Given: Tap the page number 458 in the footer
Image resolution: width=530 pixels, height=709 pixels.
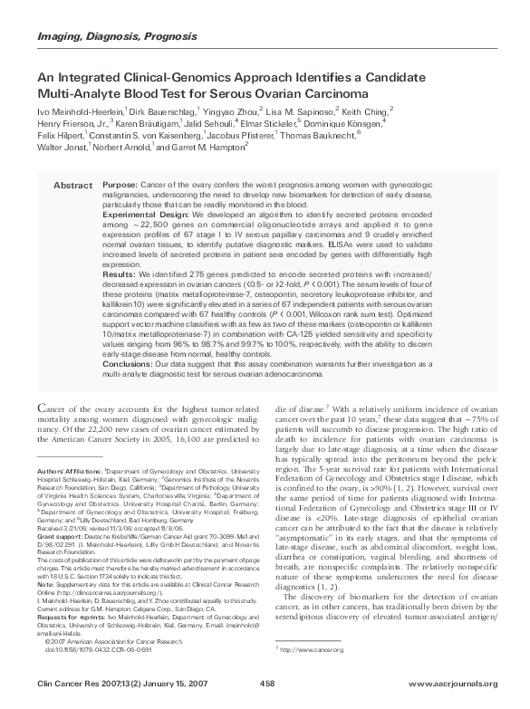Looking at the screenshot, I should [x=267, y=683].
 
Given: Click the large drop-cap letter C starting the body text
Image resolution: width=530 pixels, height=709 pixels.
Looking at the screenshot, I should [x=43, y=408].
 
